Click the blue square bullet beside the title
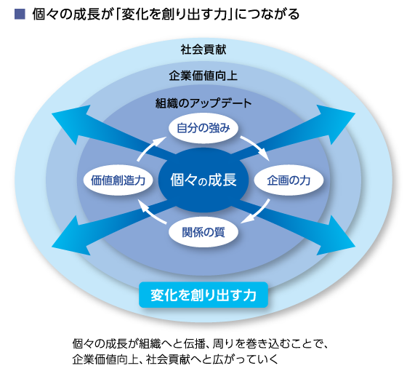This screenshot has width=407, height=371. click(20, 15)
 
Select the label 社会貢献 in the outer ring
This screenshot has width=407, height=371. click(203, 49)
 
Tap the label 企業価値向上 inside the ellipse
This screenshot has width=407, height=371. click(203, 76)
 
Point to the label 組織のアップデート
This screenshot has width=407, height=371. click(203, 103)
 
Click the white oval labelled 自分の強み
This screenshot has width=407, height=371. click(203, 128)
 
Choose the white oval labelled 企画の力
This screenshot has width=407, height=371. click(289, 180)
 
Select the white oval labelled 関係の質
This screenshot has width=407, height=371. click(203, 232)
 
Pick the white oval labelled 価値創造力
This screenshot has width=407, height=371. click(118, 180)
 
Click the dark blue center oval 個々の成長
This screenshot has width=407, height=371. click(203, 180)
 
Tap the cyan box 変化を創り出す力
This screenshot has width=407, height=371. click(203, 295)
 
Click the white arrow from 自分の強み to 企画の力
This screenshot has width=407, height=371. click(257, 145)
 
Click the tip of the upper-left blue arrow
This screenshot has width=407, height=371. click(52, 113)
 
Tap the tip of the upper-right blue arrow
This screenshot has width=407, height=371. click(355, 113)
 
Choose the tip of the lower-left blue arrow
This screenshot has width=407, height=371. click(52, 247)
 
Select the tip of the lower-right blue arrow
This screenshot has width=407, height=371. click(355, 247)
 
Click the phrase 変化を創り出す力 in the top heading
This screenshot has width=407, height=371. click(174, 15)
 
